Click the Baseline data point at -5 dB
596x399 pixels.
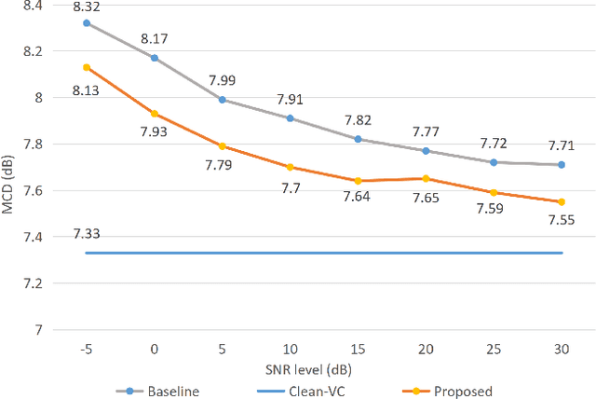[87, 22]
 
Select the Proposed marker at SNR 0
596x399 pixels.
[155, 114]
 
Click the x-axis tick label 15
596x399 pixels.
[358, 348]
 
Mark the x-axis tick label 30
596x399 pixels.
[561, 348]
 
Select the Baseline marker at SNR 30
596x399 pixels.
[561, 164]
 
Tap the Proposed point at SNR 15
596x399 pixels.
[358, 181]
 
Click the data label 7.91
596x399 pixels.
[290, 98]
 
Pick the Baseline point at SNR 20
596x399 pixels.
[426, 150]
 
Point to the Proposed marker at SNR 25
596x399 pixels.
[494, 192]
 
